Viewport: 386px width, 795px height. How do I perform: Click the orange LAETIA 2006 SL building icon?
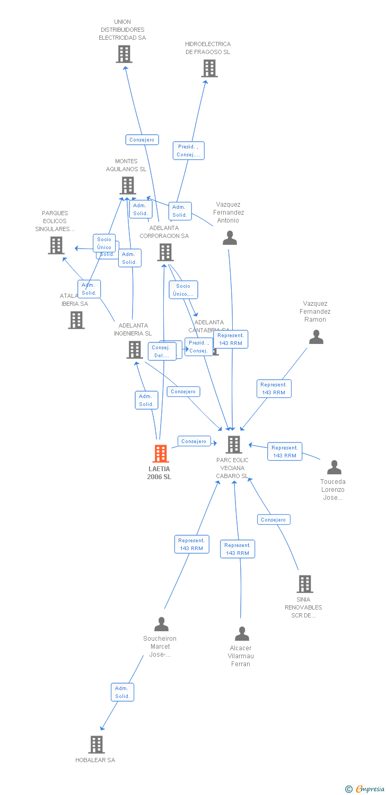click(161, 454)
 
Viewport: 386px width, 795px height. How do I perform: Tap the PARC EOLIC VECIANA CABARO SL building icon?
click(233, 445)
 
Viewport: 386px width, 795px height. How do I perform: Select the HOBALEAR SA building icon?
click(96, 745)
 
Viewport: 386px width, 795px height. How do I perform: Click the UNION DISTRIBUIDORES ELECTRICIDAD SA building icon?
click(124, 54)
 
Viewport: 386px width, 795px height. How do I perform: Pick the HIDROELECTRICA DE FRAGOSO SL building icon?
click(209, 68)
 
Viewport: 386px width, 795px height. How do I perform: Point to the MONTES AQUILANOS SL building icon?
click(127, 185)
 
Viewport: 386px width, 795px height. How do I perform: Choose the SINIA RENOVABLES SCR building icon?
click(304, 584)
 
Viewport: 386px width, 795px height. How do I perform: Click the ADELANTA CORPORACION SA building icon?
click(165, 252)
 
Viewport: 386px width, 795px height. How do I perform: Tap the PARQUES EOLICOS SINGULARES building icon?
click(56, 245)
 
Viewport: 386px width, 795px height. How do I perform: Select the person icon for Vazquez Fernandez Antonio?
click(230, 238)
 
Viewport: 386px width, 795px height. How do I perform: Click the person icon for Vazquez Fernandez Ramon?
click(316, 337)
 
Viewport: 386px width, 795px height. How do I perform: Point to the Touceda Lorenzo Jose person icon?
click(334, 467)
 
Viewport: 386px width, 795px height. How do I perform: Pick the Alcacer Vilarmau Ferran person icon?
click(242, 634)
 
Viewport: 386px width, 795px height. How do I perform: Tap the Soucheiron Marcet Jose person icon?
click(161, 624)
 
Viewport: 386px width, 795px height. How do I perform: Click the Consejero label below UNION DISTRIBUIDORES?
click(142, 140)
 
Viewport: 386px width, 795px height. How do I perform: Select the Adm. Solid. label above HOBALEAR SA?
click(122, 692)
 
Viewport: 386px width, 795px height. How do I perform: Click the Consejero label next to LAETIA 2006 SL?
click(194, 441)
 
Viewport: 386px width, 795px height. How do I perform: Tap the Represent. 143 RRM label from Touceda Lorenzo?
click(285, 452)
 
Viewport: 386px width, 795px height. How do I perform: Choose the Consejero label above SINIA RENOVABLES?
click(274, 520)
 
